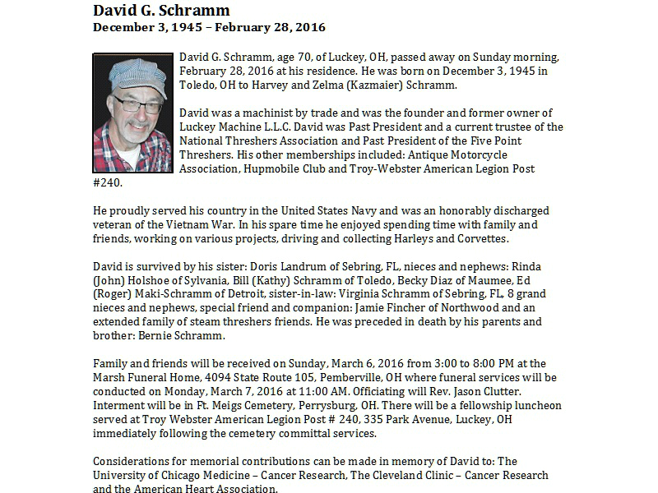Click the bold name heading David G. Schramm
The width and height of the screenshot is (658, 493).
(x=161, y=11)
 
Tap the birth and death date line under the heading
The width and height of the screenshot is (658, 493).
(x=209, y=27)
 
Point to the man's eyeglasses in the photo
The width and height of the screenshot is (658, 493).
(x=137, y=104)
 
